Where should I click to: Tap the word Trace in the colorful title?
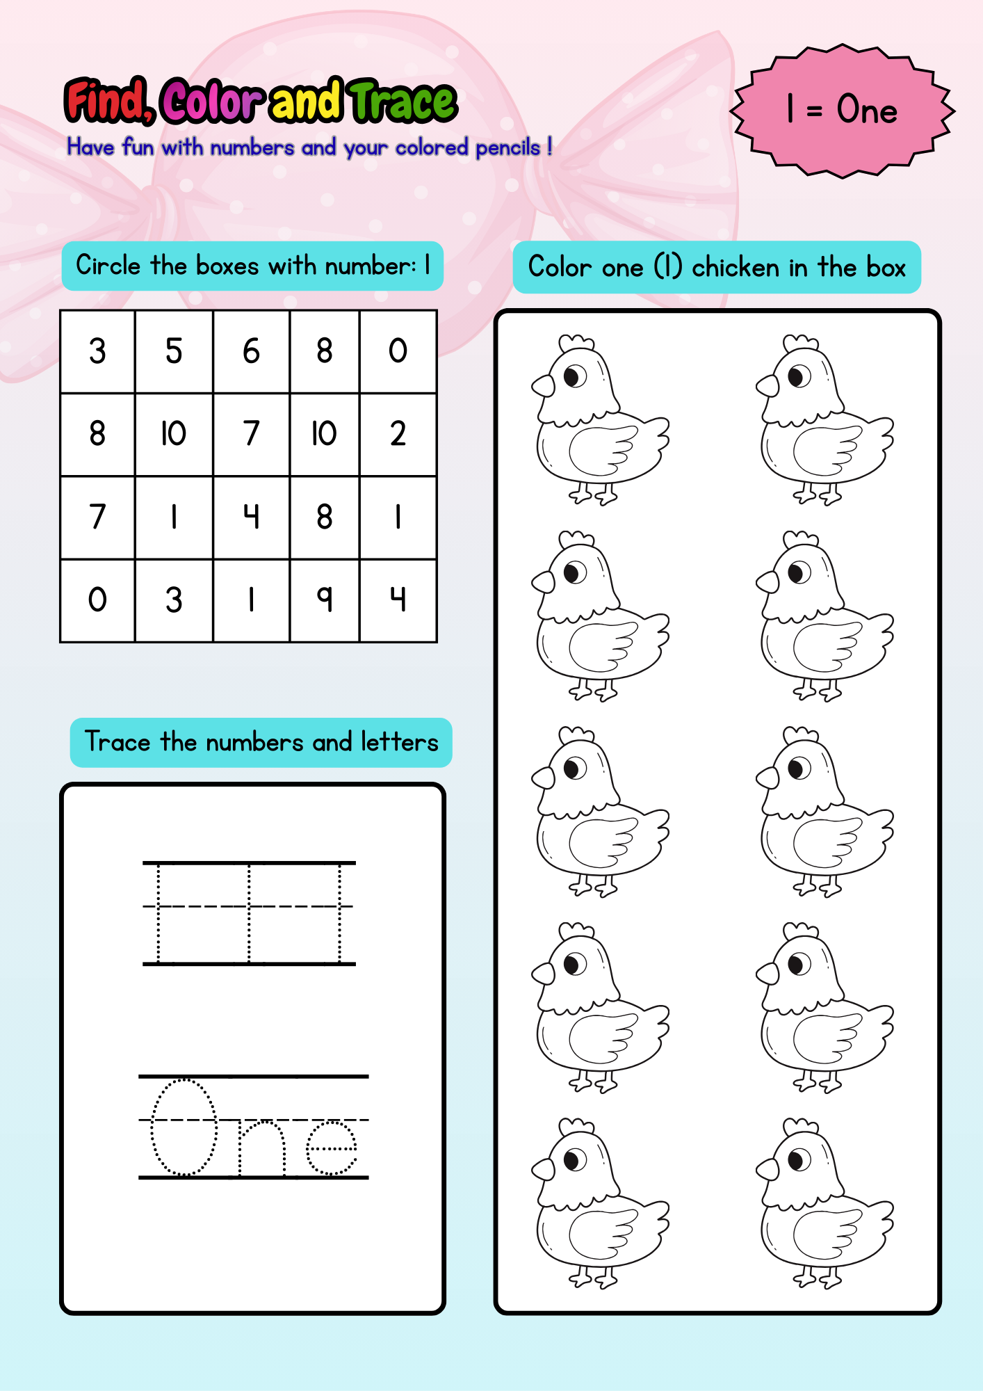click(x=403, y=102)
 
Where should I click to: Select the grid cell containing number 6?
click(x=251, y=351)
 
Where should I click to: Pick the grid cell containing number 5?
click(x=174, y=351)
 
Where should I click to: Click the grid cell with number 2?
click(x=398, y=434)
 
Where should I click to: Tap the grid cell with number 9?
click(x=324, y=600)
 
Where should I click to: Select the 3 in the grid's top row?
click(x=97, y=351)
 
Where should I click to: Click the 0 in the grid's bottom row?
click(x=97, y=600)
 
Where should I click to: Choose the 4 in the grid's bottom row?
click(x=398, y=600)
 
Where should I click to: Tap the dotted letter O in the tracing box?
click(x=184, y=1127)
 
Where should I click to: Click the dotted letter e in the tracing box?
click(x=332, y=1148)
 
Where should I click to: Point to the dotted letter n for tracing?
click(x=262, y=1148)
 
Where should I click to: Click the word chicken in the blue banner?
click(x=736, y=268)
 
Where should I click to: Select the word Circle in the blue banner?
click(x=108, y=266)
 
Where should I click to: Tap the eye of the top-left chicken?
click(x=574, y=377)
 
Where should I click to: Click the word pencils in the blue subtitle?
click(x=507, y=147)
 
